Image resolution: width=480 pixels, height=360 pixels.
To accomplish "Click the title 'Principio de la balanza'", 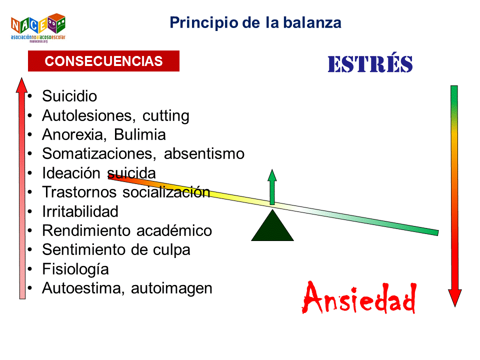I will [255, 22].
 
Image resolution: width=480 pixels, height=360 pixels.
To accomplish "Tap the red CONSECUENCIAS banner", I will [103, 61].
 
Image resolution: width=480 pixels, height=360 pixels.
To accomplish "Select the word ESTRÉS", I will [370, 64].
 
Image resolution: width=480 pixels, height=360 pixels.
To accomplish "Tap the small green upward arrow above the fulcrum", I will [272, 186].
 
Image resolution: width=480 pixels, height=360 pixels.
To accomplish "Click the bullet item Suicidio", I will [69, 96].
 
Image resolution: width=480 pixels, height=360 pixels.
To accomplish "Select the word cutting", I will [166, 115].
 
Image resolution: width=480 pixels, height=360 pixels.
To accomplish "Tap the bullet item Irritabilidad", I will [80, 211].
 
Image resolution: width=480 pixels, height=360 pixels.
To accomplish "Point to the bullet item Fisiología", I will [75, 269].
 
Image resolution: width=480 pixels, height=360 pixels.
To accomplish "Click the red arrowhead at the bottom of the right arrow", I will [454, 298].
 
